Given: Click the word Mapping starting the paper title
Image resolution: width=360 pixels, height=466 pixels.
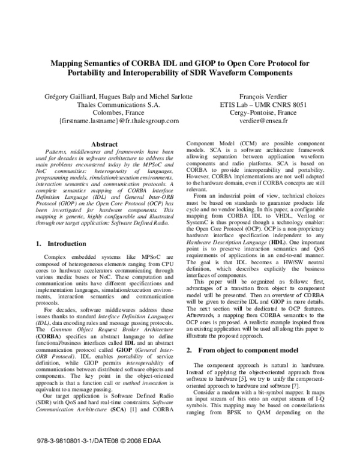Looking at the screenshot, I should pos(71,62).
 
